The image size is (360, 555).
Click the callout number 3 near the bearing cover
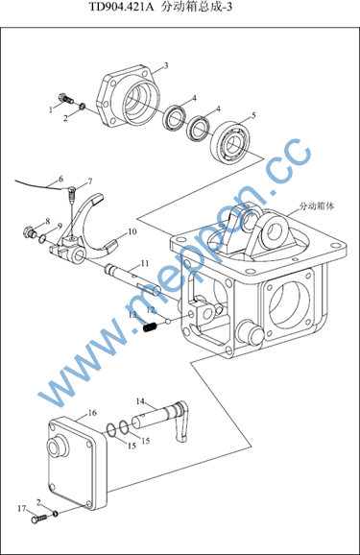(x=165, y=66)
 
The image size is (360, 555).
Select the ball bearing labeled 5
(x=230, y=142)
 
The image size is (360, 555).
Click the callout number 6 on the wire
(x=60, y=179)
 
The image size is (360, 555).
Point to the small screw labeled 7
(x=72, y=194)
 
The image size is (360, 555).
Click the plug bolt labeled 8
(x=30, y=231)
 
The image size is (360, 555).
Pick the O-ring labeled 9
(x=42, y=238)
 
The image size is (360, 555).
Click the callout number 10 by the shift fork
(x=132, y=231)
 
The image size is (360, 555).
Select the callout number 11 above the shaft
(x=145, y=263)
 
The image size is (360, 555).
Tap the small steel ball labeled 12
(x=168, y=322)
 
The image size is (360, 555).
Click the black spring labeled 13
(x=150, y=327)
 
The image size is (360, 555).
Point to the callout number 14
(x=140, y=401)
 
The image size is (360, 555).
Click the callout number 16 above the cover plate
(x=92, y=413)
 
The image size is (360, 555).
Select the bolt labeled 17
(x=38, y=519)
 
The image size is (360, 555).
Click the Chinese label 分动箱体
(x=317, y=205)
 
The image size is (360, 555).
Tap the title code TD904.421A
(x=121, y=7)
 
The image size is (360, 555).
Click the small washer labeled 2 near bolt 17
(x=56, y=513)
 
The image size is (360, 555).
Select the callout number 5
(x=253, y=115)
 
